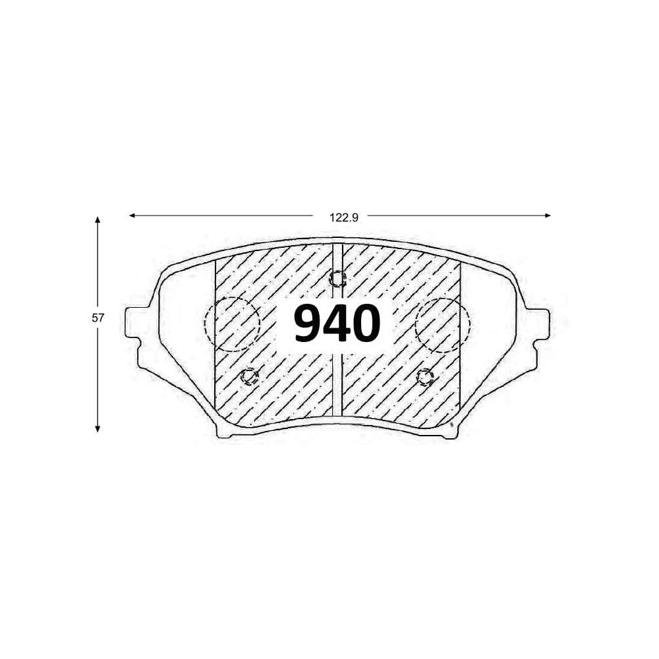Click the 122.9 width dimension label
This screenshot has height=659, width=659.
(x=344, y=217)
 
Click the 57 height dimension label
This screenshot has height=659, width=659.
(x=98, y=318)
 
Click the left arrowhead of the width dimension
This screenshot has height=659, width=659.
(x=132, y=215)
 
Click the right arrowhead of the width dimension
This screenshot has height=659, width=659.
(x=548, y=215)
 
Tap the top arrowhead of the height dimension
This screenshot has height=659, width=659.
(x=98, y=220)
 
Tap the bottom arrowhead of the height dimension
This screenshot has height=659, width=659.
(x=98, y=429)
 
